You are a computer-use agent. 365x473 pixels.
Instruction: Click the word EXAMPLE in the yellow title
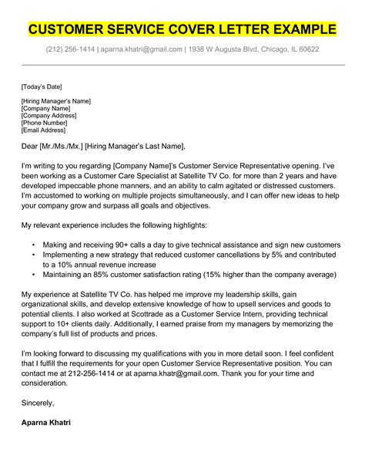[296, 30]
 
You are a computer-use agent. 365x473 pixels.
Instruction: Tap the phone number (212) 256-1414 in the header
[71, 49]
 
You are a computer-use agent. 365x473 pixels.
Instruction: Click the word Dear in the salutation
[32, 147]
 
